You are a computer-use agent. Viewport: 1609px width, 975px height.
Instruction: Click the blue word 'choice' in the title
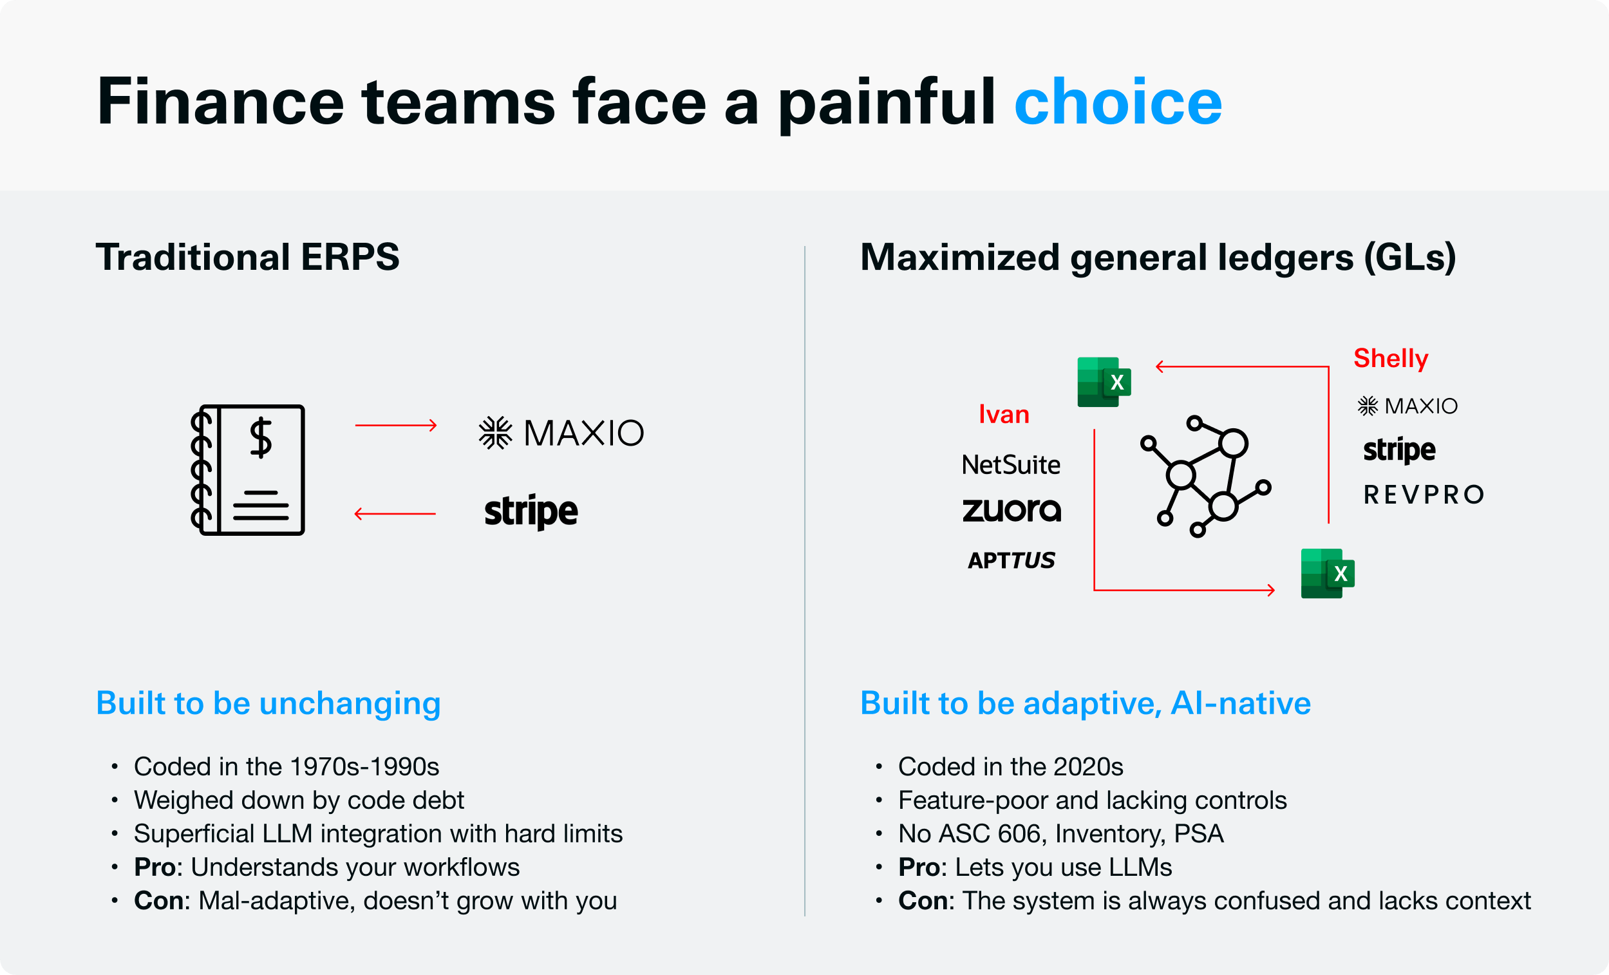pos(1117,101)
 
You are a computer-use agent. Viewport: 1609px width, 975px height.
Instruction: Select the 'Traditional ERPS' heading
pos(247,257)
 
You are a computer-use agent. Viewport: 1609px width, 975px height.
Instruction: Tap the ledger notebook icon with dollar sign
pos(247,469)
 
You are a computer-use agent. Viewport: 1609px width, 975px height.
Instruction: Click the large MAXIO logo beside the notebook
pos(561,433)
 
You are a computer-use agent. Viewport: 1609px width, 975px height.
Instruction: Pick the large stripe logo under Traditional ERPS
pos(531,511)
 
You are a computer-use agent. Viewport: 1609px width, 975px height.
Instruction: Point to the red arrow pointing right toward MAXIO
pos(396,426)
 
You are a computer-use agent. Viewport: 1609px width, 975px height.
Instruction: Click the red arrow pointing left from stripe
pos(395,514)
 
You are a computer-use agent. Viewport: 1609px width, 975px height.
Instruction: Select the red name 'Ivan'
pos(1004,415)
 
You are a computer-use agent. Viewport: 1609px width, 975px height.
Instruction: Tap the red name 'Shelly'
pos(1391,359)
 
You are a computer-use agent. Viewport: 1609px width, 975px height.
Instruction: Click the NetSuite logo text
pos(1011,465)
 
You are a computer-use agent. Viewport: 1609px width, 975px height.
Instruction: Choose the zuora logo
pos(1012,509)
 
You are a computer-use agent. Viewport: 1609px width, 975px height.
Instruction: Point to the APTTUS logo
pos(1011,560)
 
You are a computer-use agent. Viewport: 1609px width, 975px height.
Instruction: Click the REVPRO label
pos(1424,495)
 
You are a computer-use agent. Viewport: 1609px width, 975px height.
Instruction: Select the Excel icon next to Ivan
pos(1104,382)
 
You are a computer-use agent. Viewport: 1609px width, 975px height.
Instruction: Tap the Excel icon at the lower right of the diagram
pos(1328,573)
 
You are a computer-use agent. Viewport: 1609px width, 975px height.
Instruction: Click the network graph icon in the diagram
pos(1205,476)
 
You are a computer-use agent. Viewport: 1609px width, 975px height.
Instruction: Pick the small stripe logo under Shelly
pos(1399,450)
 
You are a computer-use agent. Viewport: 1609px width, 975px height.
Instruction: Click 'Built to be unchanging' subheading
pos(268,703)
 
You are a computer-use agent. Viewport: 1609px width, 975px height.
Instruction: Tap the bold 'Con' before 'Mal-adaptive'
pos(158,900)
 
